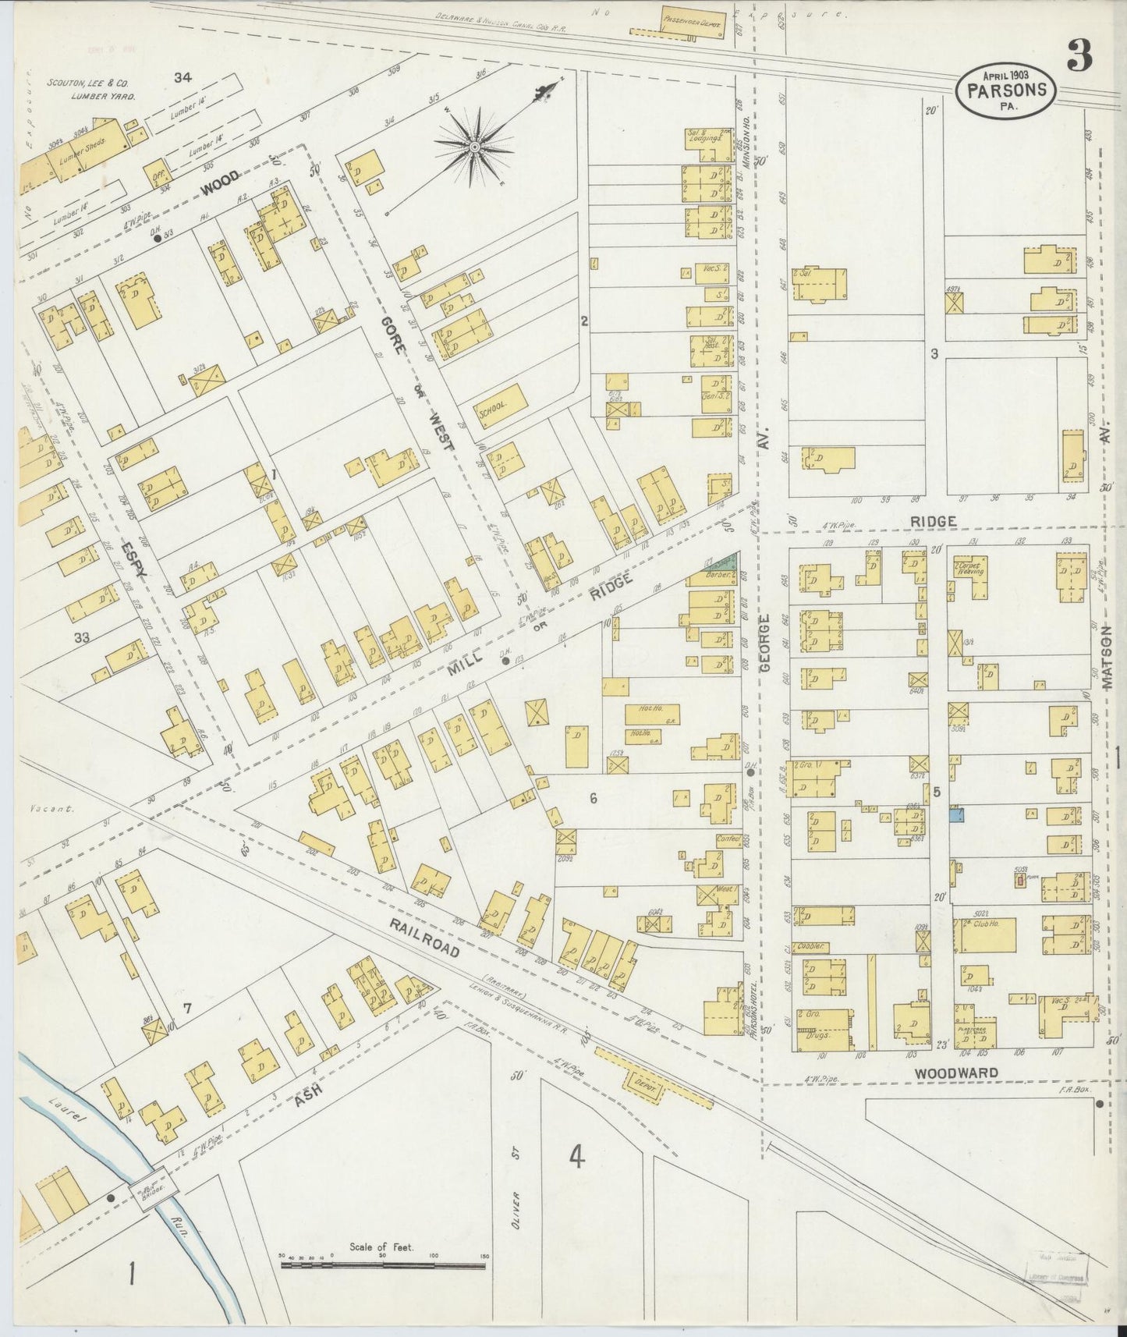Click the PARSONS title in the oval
point(1006,90)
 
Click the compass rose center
point(473,146)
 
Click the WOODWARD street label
point(956,1073)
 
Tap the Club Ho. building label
point(986,924)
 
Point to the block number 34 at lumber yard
point(183,76)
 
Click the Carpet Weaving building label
point(973,567)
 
